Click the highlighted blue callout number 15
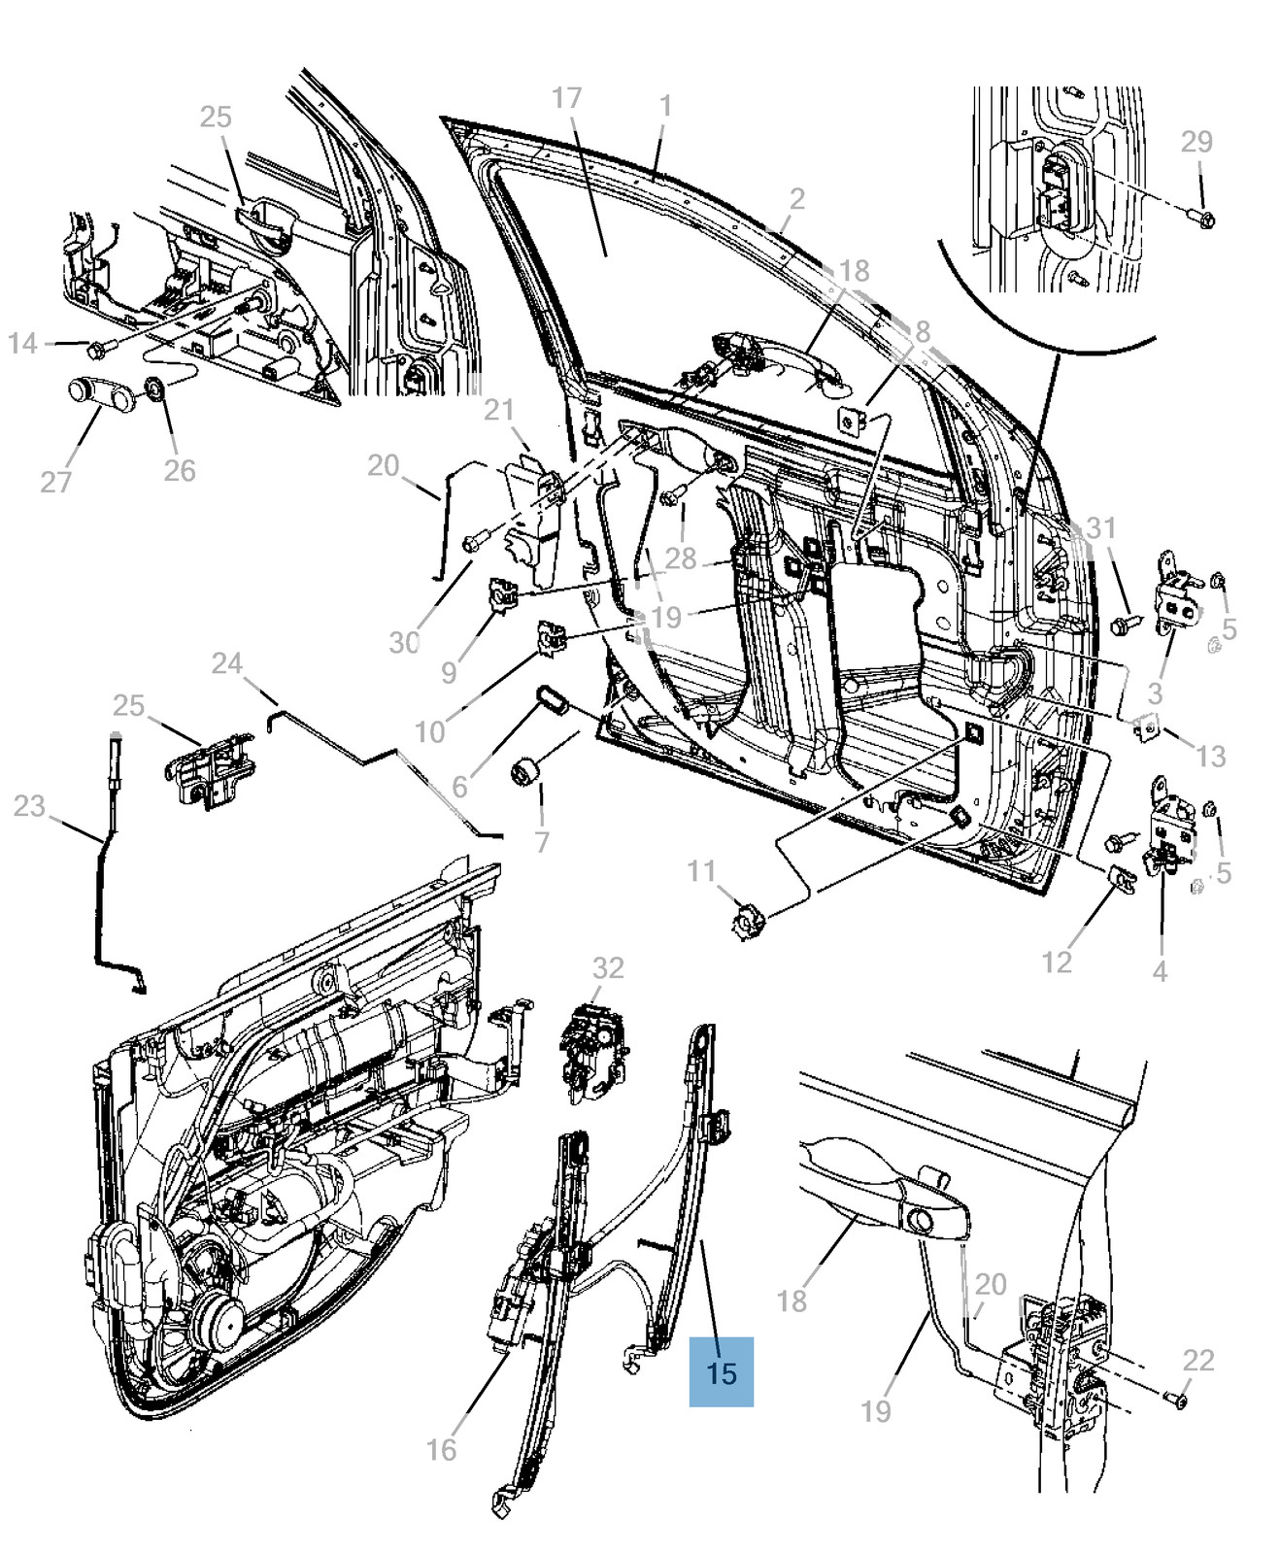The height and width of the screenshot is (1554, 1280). click(x=722, y=1372)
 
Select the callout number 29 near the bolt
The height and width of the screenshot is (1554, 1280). click(x=1196, y=142)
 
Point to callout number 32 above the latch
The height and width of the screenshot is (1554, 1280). click(x=608, y=967)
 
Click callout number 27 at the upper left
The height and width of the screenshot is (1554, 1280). click(x=55, y=481)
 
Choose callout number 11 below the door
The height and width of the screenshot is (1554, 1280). click(x=701, y=870)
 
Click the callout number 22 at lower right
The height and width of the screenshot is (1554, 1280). click(x=1197, y=1360)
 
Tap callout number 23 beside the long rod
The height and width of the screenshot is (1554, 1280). click(x=29, y=805)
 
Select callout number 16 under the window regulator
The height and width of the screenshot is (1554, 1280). click(x=441, y=1449)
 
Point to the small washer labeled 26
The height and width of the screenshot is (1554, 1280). click(x=154, y=390)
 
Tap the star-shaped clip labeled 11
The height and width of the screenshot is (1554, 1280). click(x=747, y=917)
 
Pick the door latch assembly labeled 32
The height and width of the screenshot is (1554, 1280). click(x=589, y=1051)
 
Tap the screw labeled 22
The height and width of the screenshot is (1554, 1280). click(x=1173, y=1399)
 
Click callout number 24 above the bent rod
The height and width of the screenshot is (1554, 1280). click(x=227, y=663)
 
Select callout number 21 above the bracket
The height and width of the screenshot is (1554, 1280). click(x=499, y=410)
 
